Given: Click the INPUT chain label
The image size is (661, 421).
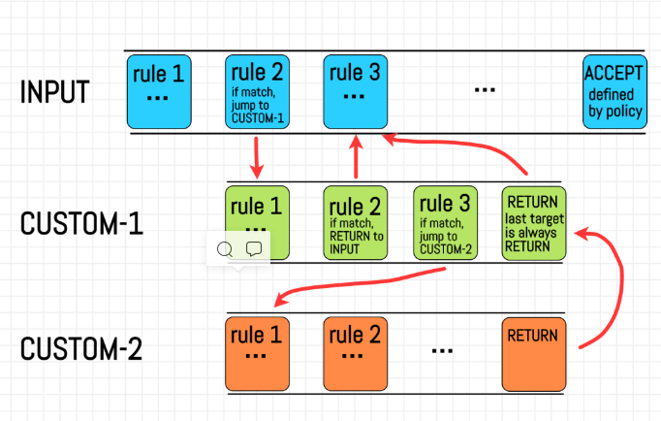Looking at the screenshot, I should click(x=54, y=92).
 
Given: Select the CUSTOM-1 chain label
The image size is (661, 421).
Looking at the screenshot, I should click(x=82, y=222).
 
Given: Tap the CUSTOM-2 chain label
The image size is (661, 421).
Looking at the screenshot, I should click(x=82, y=348).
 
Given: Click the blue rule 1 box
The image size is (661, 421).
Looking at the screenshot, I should click(x=160, y=92).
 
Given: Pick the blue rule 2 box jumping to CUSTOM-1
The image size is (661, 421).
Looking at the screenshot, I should click(x=258, y=92).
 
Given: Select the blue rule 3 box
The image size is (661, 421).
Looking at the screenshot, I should click(x=355, y=92).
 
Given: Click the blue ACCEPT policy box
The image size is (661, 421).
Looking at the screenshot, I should click(x=613, y=92).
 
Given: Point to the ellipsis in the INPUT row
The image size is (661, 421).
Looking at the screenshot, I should click(x=485, y=89).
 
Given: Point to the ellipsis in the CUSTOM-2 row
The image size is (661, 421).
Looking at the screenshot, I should click(x=442, y=348).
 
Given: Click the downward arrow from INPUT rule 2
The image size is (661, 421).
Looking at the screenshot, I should click(x=257, y=157).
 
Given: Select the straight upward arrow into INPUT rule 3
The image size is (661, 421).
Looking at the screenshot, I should click(x=356, y=157).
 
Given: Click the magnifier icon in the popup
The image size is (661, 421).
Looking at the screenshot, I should click(x=225, y=249).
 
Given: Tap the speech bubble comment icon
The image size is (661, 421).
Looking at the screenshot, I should click(x=253, y=249).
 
